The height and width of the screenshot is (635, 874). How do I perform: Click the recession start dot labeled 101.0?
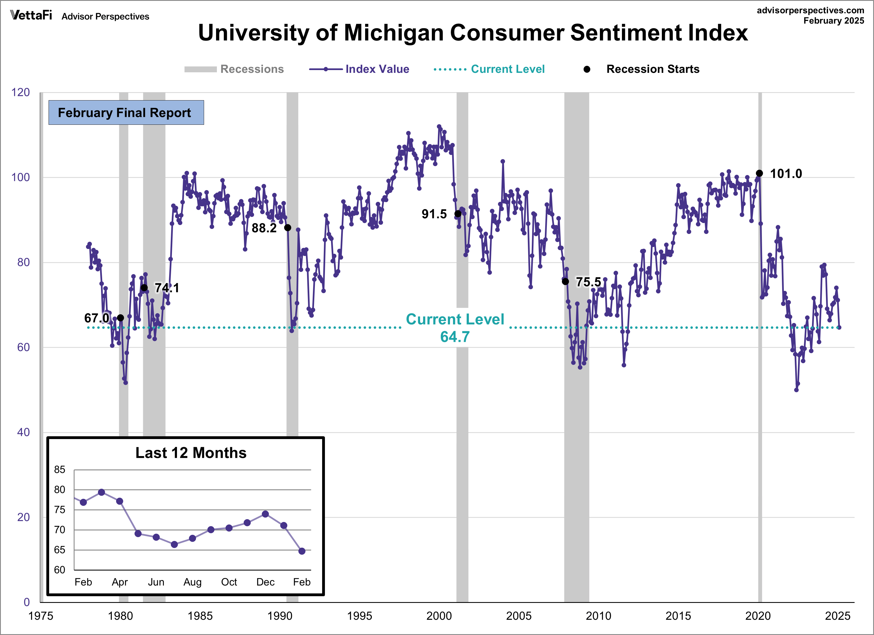click(759, 173)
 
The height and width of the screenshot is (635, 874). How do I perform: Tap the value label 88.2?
click(264, 228)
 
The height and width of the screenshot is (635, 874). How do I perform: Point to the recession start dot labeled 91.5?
click(458, 214)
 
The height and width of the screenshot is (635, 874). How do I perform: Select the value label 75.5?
click(588, 282)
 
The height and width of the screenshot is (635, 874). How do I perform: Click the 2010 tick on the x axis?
click(598, 616)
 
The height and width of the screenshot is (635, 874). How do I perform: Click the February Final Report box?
click(126, 112)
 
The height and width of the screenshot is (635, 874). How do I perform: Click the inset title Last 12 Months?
click(191, 453)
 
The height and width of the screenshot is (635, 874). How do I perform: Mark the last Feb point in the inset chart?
click(302, 551)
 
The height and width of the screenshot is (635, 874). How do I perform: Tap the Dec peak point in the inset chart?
click(265, 514)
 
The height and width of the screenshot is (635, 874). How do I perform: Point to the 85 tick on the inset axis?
click(59, 469)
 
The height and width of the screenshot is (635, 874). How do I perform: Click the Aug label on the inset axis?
click(192, 582)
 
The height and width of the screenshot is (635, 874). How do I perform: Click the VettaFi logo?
click(31, 15)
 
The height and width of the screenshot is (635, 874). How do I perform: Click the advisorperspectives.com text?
click(810, 10)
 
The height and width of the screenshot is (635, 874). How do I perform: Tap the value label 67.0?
click(96, 318)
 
